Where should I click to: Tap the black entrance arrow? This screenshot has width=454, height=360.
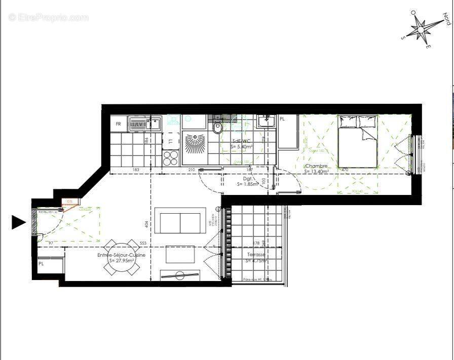tap(18, 222)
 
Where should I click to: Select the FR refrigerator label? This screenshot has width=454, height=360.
tap(119, 124)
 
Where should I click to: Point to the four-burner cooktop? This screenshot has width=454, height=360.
tap(171, 158)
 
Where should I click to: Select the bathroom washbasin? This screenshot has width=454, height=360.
tap(265, 122)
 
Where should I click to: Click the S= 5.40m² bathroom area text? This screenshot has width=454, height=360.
tap(241, 147)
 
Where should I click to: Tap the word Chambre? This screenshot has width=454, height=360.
tap(316, 166)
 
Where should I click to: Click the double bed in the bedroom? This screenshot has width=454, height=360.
tap(358, 141)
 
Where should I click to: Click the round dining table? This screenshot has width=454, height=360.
tap(121, 257)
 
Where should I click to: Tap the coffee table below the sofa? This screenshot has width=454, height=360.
tap(180, 254)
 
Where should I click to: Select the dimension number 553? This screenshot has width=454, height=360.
tap(143, 244)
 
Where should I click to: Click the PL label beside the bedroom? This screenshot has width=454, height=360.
tap(282, 119)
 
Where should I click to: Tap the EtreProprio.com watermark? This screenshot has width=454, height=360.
tap(49, 18)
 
